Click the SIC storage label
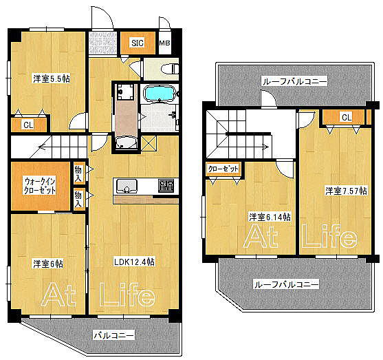[x=138, y=43]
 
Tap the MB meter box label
[x=164, y=43]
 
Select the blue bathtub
[x=160, y=93]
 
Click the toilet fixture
[x=170, y=69]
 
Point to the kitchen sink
[x=127, y=187]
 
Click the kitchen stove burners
[x=166, y=186]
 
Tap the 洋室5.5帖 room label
[x=52, y=78]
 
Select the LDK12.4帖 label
[x=134, y=262]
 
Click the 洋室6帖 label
[x=48, y=264]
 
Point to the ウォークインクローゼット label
[x=40, y=186]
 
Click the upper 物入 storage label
[x=78, y=173]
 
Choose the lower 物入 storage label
[x=78, y=200]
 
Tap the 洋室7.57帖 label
[x=346, y=191]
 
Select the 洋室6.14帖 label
[x=270, y=217]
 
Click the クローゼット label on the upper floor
[x=223, y=169]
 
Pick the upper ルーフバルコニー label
[x=294, y=81]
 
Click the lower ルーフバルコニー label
[x=287, y=285]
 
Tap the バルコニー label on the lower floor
[x=114, y=335]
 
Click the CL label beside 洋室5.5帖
[x=28, y=125]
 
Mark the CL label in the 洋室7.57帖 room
[x=347, y=117]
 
